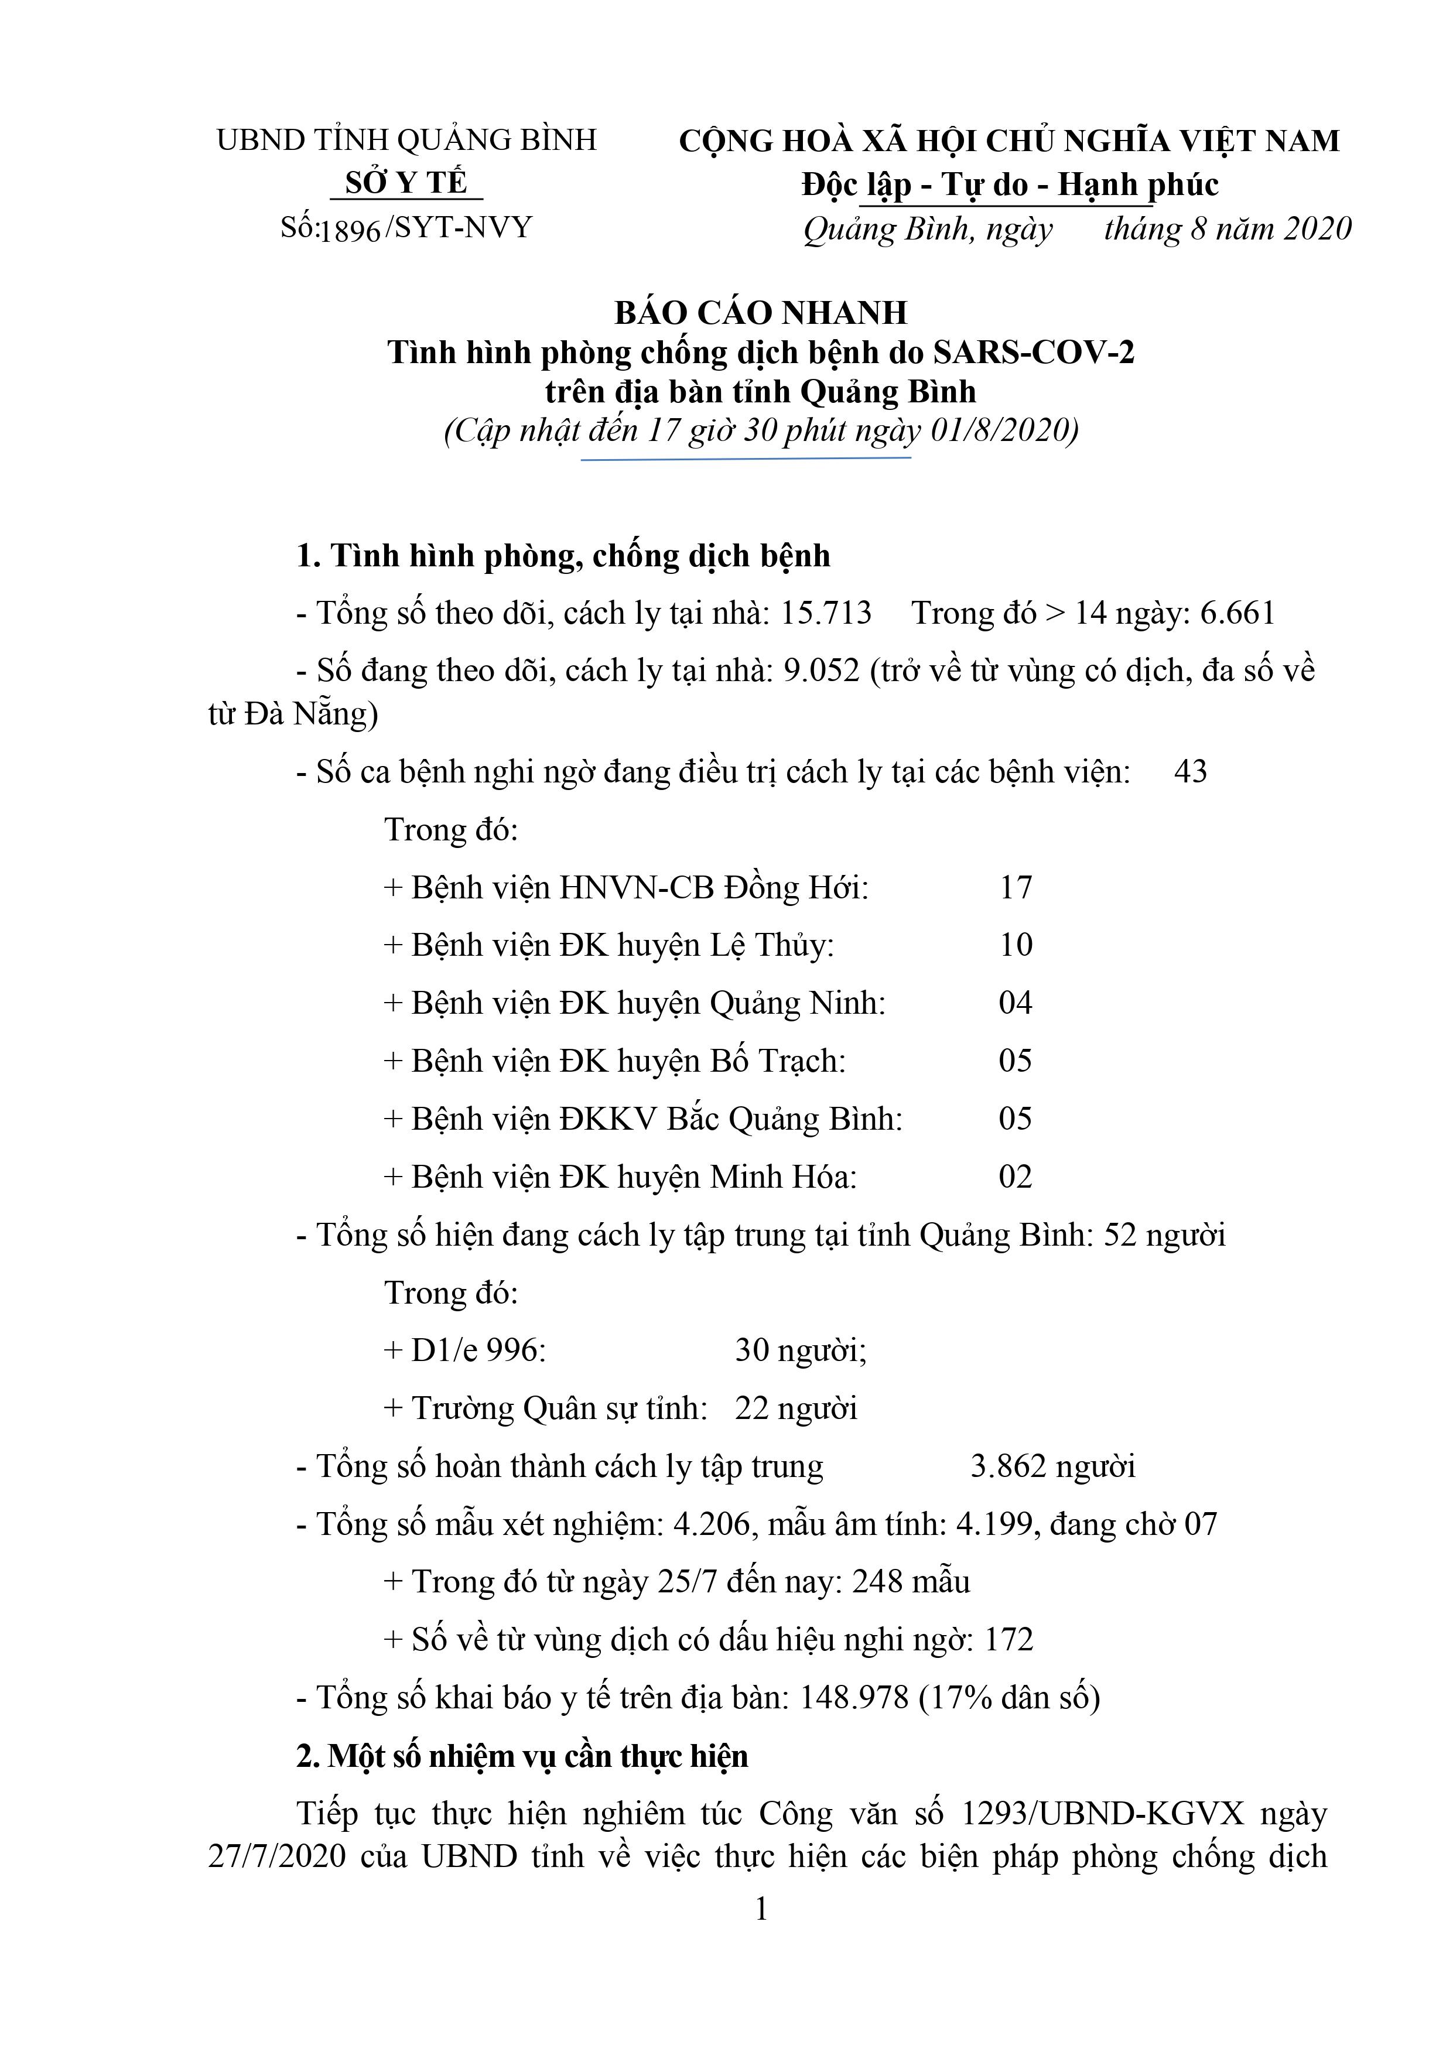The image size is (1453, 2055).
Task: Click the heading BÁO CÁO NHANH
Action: [761, 312]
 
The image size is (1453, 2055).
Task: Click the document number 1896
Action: [351, 231]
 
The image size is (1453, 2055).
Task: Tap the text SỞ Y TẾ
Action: [406, 183]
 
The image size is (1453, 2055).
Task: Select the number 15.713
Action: [825, 613]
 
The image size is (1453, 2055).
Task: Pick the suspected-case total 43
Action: [1190, 771]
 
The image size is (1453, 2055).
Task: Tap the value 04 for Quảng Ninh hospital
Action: [1015, 1003]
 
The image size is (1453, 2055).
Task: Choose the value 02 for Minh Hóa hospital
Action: [1015, 1176]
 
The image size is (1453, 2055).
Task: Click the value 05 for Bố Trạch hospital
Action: [1015, 1061]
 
